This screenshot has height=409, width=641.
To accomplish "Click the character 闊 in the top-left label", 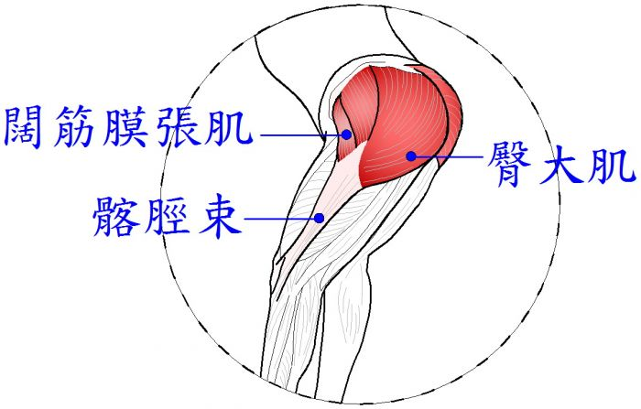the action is click(26, 127).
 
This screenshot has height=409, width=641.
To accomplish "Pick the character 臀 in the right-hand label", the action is click(509, 165).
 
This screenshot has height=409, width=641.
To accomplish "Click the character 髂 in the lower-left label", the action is click(114, 216).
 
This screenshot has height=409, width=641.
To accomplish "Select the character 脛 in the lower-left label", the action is click(166, 216).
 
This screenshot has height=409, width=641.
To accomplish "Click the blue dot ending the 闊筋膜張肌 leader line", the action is click(347, 135).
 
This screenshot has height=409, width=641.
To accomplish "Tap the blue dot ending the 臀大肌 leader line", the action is click(411, 156).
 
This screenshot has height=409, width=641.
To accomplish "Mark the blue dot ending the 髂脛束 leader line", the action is click(320, 218).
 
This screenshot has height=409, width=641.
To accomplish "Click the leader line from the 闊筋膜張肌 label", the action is click(301, 135).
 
